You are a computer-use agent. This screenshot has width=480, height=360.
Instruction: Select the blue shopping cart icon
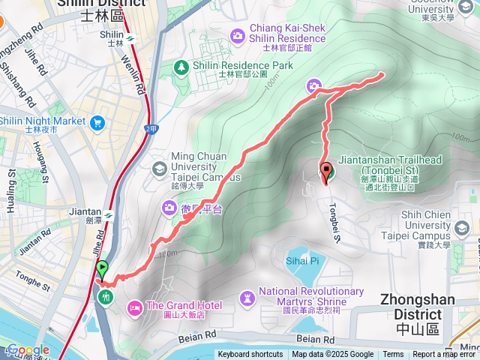click(97, 122)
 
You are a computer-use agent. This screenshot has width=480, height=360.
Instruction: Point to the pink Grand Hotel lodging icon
click(135, 306)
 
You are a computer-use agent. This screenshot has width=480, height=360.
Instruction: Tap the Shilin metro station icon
click(131, 35)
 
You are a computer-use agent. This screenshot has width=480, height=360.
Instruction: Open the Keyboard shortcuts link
click(250, 355)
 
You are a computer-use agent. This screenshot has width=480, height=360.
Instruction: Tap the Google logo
click(28, 349)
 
